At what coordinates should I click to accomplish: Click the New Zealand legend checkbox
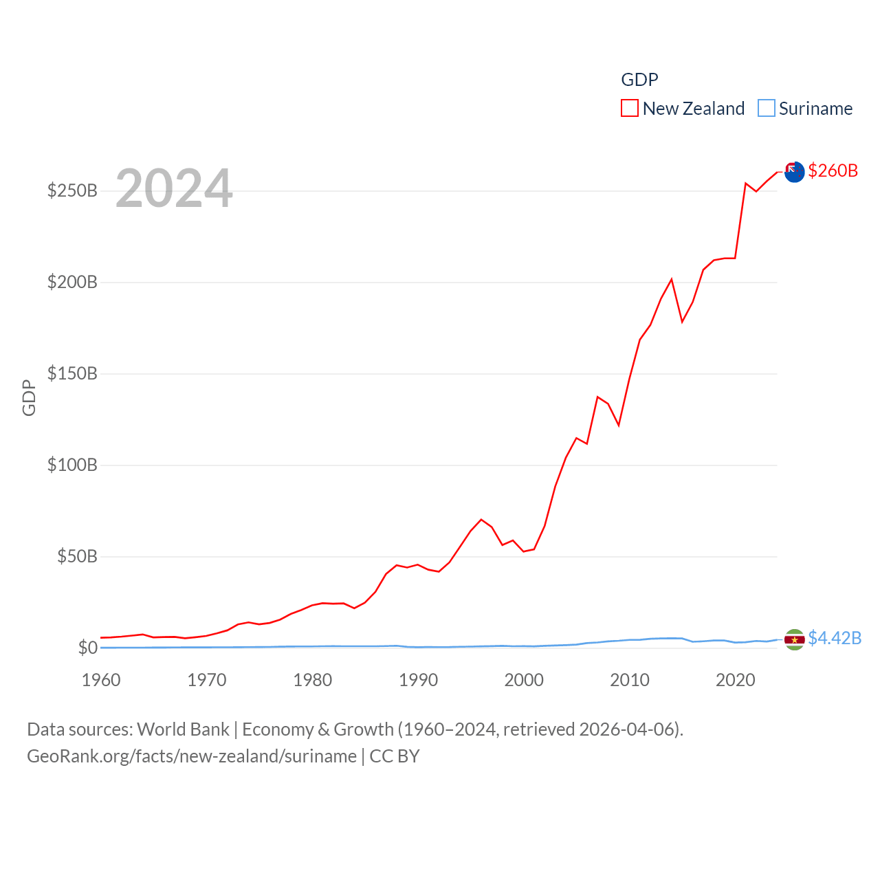[x=630, y=109]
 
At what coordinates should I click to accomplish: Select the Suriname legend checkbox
[x=767, y=109]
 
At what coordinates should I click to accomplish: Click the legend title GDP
[x=639, y=80]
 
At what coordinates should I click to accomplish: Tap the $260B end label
[x=833, y=170]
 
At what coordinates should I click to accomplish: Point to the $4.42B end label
[x=835, y=638]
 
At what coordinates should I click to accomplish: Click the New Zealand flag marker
[x=794, y=172]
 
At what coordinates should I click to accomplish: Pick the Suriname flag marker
[x=794, y=639]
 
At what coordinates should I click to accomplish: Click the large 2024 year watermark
[x=174, y=188]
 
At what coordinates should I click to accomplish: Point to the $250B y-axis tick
[x=72, y=190]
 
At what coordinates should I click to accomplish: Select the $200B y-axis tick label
[x=72, y=282]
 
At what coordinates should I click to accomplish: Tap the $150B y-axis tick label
[x=72, y=373]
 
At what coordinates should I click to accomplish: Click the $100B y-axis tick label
[x=72, y=465]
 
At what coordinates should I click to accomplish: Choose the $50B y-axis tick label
[x=77, y=556]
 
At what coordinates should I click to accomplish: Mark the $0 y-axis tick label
[x=87, y=648]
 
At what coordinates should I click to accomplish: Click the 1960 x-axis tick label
[x=101, y=680]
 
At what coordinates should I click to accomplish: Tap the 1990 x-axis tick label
[x=418, y=680]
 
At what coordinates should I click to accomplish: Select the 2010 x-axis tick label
[x=630, y=680]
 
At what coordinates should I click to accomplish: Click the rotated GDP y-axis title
[x=29, y=397]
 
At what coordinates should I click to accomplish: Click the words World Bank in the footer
[x=183, y=729]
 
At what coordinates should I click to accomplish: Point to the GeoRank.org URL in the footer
[x=192, y=756]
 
